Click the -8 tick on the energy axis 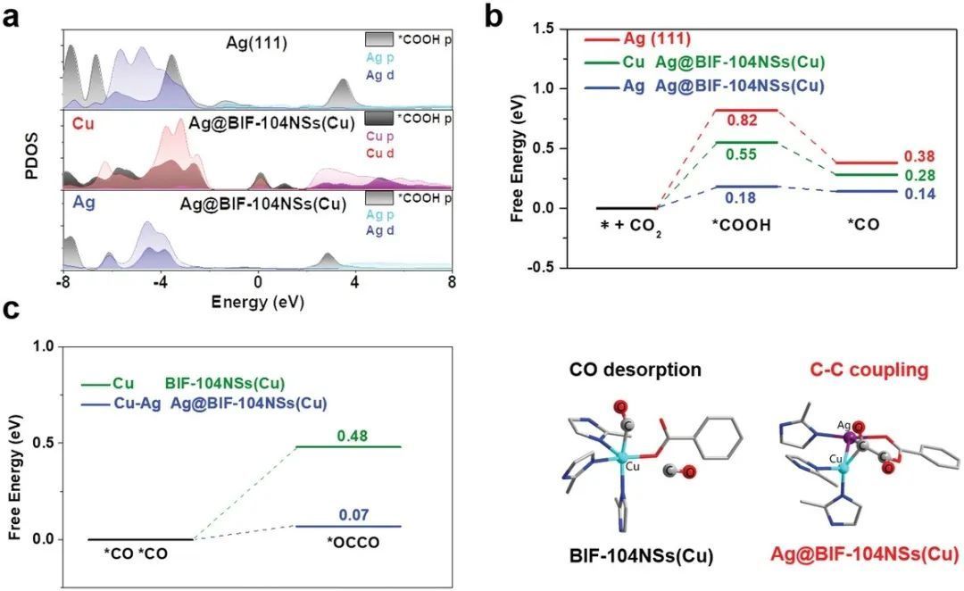tap(63, 281)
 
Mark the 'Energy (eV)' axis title tap(257, 302)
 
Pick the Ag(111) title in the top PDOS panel tap(255, 42)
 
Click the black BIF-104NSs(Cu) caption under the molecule tap(641, 556)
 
